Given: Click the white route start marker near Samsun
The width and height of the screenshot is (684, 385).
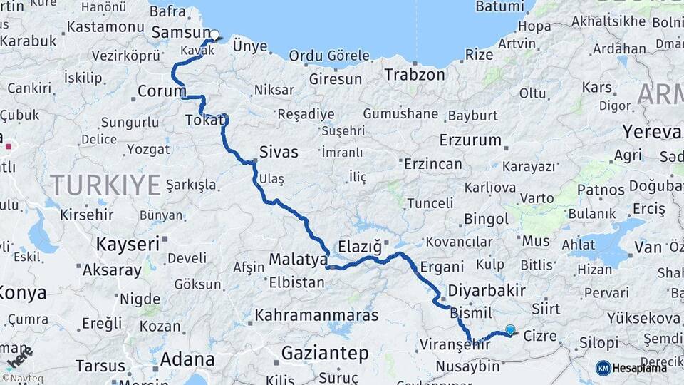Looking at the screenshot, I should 214,34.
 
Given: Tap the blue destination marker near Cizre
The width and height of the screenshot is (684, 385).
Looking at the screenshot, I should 510,329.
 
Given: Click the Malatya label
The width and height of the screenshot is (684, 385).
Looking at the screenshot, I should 298,260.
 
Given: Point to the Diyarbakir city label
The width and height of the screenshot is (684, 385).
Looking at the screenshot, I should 487,291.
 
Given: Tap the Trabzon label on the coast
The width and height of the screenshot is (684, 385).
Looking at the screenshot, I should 415,74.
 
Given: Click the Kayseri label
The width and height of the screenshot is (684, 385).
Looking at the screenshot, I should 128,245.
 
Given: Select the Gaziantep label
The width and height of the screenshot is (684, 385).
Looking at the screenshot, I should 325,353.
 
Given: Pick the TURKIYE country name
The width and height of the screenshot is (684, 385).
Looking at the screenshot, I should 105,185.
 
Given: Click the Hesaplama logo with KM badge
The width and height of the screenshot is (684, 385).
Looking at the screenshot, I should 631,368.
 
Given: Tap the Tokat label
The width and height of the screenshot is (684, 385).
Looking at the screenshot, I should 204,120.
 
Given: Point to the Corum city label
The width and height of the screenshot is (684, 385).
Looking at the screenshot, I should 161,91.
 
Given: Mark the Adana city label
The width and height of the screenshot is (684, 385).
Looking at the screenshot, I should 187,359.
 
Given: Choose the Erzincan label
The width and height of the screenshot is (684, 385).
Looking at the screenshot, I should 432,164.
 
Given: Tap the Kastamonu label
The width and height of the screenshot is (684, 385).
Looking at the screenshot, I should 105,28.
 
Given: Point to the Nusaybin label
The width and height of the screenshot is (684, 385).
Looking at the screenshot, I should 467,366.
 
